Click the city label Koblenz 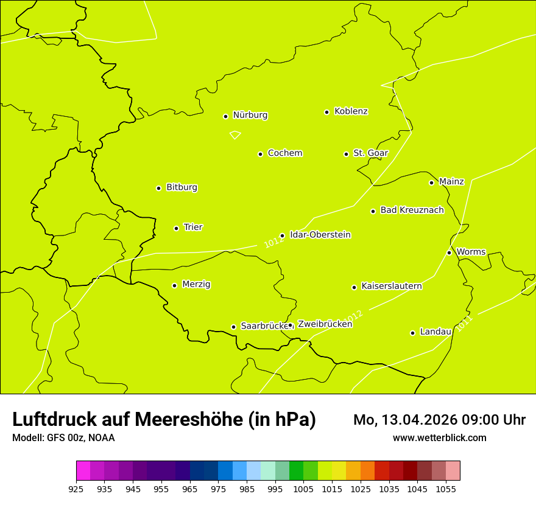351,111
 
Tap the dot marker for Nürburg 225,116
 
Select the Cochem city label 284,153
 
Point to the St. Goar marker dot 346,154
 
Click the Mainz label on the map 451,182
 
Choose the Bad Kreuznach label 412,211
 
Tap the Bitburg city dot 158,188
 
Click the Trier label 193,228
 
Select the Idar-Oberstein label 320,235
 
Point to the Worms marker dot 449,252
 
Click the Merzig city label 196,285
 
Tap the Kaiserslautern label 391,287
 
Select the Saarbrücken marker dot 233,327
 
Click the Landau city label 435,332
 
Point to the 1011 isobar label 464,323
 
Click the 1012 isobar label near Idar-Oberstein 274,242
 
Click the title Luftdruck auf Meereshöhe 164,419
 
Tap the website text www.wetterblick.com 439,438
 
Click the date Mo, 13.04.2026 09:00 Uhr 439,420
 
